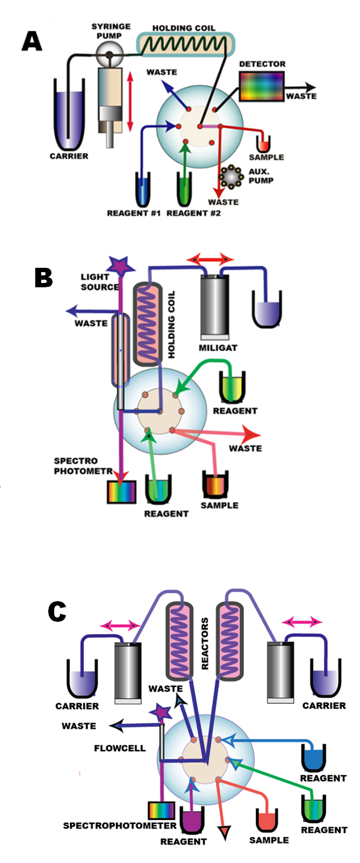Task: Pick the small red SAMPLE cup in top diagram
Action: point(263,144)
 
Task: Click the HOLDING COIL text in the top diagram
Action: point(183,28)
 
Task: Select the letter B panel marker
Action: point(43,277)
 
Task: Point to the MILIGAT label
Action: point(218,347)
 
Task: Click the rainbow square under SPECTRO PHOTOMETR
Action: point(121,491)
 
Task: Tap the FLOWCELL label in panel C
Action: point(120,749)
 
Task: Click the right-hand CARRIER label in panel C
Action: point(324,706)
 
